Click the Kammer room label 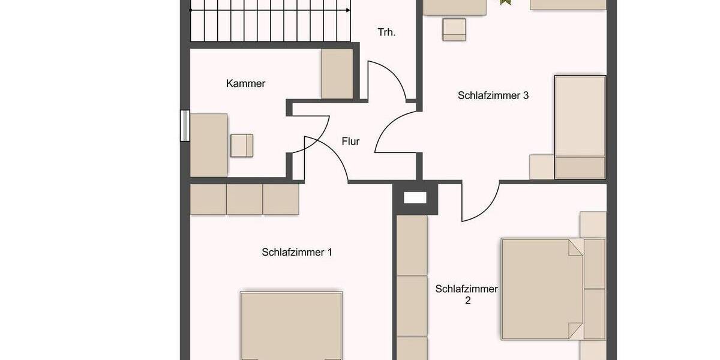click(x=245, y=84)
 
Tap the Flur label click(x=350, y=142)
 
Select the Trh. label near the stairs click(x=386, y=32)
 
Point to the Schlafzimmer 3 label click(x=493, y=95)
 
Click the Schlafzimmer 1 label click(x=297, y=252)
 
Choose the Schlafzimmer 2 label click(x=467, y=295)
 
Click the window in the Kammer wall click(x=185, y=125)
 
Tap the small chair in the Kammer click(x=242, y=145)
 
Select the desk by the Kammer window click(x=208, y=145)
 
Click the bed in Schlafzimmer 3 click(x=580, y=127)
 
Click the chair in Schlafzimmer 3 click(x=454, y=29)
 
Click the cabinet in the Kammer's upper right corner click(x=337, y=73)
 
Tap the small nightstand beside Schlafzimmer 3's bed click(x=541, y=167)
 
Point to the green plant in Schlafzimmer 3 click(x=505, y=2)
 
